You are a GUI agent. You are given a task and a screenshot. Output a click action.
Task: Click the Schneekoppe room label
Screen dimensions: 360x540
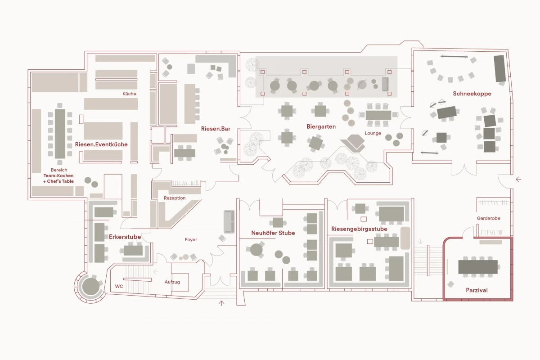pyautogui.click(x=472, y=94)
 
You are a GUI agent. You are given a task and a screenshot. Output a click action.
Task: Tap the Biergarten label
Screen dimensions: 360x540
pyautogui.click(x=321, y=126)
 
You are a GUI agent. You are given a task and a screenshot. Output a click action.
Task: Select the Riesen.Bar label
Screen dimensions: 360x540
pyautogui.click(x=216, y=129)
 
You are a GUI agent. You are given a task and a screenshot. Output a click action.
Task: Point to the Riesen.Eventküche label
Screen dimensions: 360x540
pyautogui.click(x=101, y=144)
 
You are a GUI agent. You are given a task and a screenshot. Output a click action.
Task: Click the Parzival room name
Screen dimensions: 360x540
pyautogui.click(x=477, y=290)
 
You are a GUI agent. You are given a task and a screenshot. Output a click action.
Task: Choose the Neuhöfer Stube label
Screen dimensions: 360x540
pyautogui.click(x=273, y=233)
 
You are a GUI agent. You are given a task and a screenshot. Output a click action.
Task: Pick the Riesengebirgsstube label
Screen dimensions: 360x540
pyautogui.click(x=359, y=229)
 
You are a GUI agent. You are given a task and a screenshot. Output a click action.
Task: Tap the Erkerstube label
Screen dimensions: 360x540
pyautogui.click(x=125, y=237)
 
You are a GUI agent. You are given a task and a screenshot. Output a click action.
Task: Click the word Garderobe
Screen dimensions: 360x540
pyautogui.click(x=489, y=218)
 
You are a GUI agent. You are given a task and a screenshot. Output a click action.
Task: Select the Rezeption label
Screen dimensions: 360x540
pyautogui.click(x=174, y=198)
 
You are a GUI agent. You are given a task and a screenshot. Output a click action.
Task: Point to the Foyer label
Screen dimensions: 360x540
pyautogui.click(x=191, y=239)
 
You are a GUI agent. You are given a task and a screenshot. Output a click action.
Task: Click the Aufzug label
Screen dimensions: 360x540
pyautogui.click(x=172, y=282)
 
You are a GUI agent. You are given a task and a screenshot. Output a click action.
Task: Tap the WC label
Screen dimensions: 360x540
pyautogui.click(x=119, y=286)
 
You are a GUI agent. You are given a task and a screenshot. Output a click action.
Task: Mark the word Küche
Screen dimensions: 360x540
pyautogui.click(x=129, y=94)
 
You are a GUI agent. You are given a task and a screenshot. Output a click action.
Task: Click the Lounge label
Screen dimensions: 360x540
pyautogui.click(x=373, y=133)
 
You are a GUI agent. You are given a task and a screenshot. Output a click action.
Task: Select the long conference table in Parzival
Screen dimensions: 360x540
pyautogui.click(x=478, y=266)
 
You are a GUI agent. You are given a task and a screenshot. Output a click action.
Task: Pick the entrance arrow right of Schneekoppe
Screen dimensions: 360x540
pyautogui.click(x=518, y=180)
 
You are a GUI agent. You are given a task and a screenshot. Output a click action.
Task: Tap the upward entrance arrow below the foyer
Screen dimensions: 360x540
pyautogui.click(x=221, y=303)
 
